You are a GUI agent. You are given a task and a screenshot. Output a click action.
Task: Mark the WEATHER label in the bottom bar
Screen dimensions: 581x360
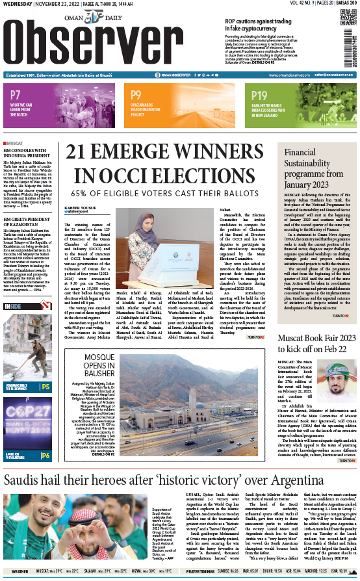[20, 572]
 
